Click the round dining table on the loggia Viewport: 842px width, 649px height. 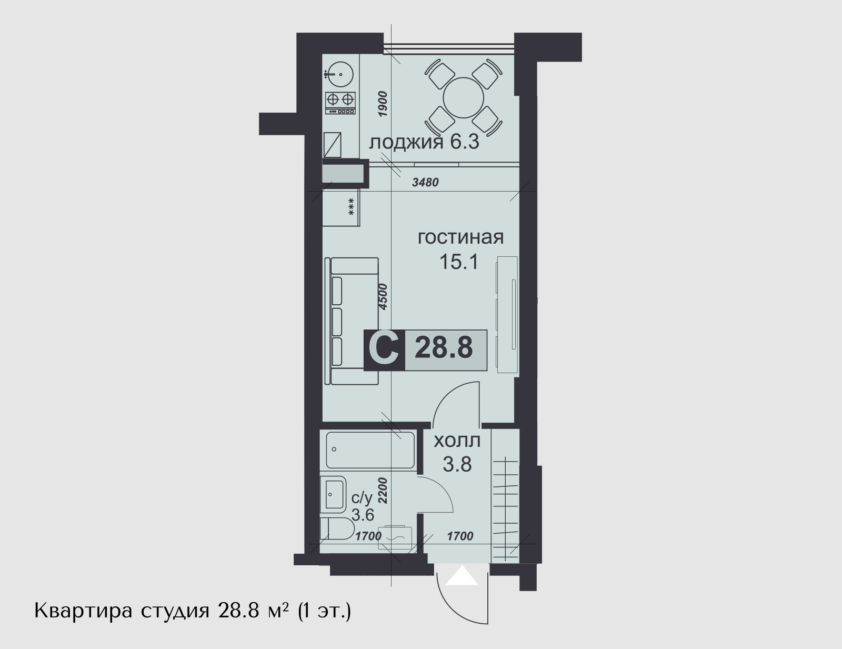[464, 98]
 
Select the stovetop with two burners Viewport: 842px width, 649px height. [340, 103]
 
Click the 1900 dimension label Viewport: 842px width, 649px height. [383, 104]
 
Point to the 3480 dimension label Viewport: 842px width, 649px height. [425, 182]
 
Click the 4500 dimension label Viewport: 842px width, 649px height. [383, 296]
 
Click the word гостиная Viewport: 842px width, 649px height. [460, 237]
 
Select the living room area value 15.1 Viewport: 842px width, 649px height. [459, 262]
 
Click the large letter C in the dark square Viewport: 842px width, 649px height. [384, 350]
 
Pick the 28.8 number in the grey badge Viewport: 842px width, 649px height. [444, 348]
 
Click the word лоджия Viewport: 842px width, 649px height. [406, 143]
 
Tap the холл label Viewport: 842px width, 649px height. [457, 441]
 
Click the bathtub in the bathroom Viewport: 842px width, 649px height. [370, 450]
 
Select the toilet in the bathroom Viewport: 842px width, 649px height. [337, 528]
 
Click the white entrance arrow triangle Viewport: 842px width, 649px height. [462, 576]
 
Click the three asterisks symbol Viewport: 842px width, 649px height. [352, 206]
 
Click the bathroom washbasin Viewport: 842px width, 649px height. [333, 494]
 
